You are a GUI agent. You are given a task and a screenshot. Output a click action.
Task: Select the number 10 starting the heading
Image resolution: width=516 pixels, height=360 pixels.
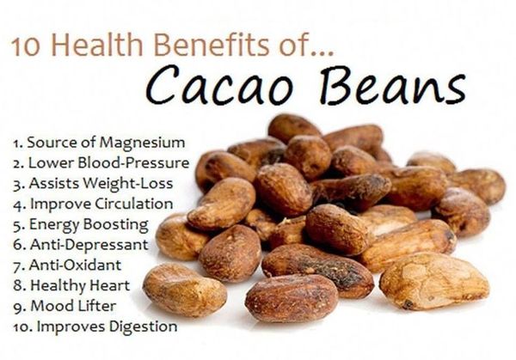click(x=26, y=47)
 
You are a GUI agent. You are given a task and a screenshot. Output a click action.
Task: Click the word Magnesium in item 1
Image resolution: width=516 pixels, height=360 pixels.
click(x=142, y=143)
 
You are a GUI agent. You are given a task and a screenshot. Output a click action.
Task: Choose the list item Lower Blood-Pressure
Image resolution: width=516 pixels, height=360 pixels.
click(x=101, y=163)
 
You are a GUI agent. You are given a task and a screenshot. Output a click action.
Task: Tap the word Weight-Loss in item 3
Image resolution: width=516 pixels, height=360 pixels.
click(x=127, y=184)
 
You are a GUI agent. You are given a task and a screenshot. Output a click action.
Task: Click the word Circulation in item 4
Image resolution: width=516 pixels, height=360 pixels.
click(x=134, y=204)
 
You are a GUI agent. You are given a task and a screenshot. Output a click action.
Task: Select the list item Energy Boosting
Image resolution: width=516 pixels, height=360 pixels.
click(x=81, y=225)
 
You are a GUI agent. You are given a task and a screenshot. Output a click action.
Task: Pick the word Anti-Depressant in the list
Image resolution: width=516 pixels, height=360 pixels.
click(x=89, y=245)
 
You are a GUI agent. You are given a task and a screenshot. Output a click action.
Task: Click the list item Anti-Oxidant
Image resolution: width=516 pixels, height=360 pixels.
click(x=67, y=265)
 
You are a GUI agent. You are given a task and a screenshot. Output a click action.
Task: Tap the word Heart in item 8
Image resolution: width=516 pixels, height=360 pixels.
click(x=109, y=286)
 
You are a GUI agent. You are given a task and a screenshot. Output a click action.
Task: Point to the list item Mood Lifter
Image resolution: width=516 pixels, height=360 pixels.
click(x=64, y=306)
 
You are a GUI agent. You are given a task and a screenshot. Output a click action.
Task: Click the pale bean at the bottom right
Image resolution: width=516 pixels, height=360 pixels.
click(x=434, y=281)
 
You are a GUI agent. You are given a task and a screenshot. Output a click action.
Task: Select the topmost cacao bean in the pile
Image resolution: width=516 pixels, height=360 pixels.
click(x=293, y=127)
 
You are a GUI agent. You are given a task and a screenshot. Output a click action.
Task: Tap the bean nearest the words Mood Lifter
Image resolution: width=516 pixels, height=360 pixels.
click(x=185, y=290)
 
